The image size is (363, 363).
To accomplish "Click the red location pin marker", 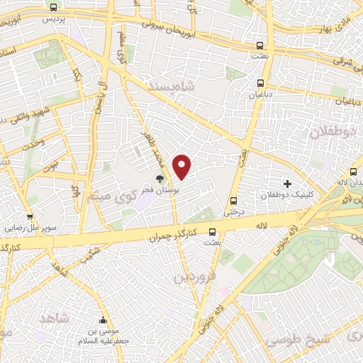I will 182,167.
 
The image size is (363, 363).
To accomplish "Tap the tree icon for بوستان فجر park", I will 160,181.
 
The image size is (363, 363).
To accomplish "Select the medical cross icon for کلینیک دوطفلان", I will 287,184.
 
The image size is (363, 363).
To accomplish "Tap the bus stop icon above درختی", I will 233,199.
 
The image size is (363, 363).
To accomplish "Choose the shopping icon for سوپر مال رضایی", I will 30,218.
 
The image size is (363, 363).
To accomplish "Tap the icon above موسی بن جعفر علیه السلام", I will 104,320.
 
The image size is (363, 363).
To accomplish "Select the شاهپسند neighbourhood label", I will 173,85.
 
